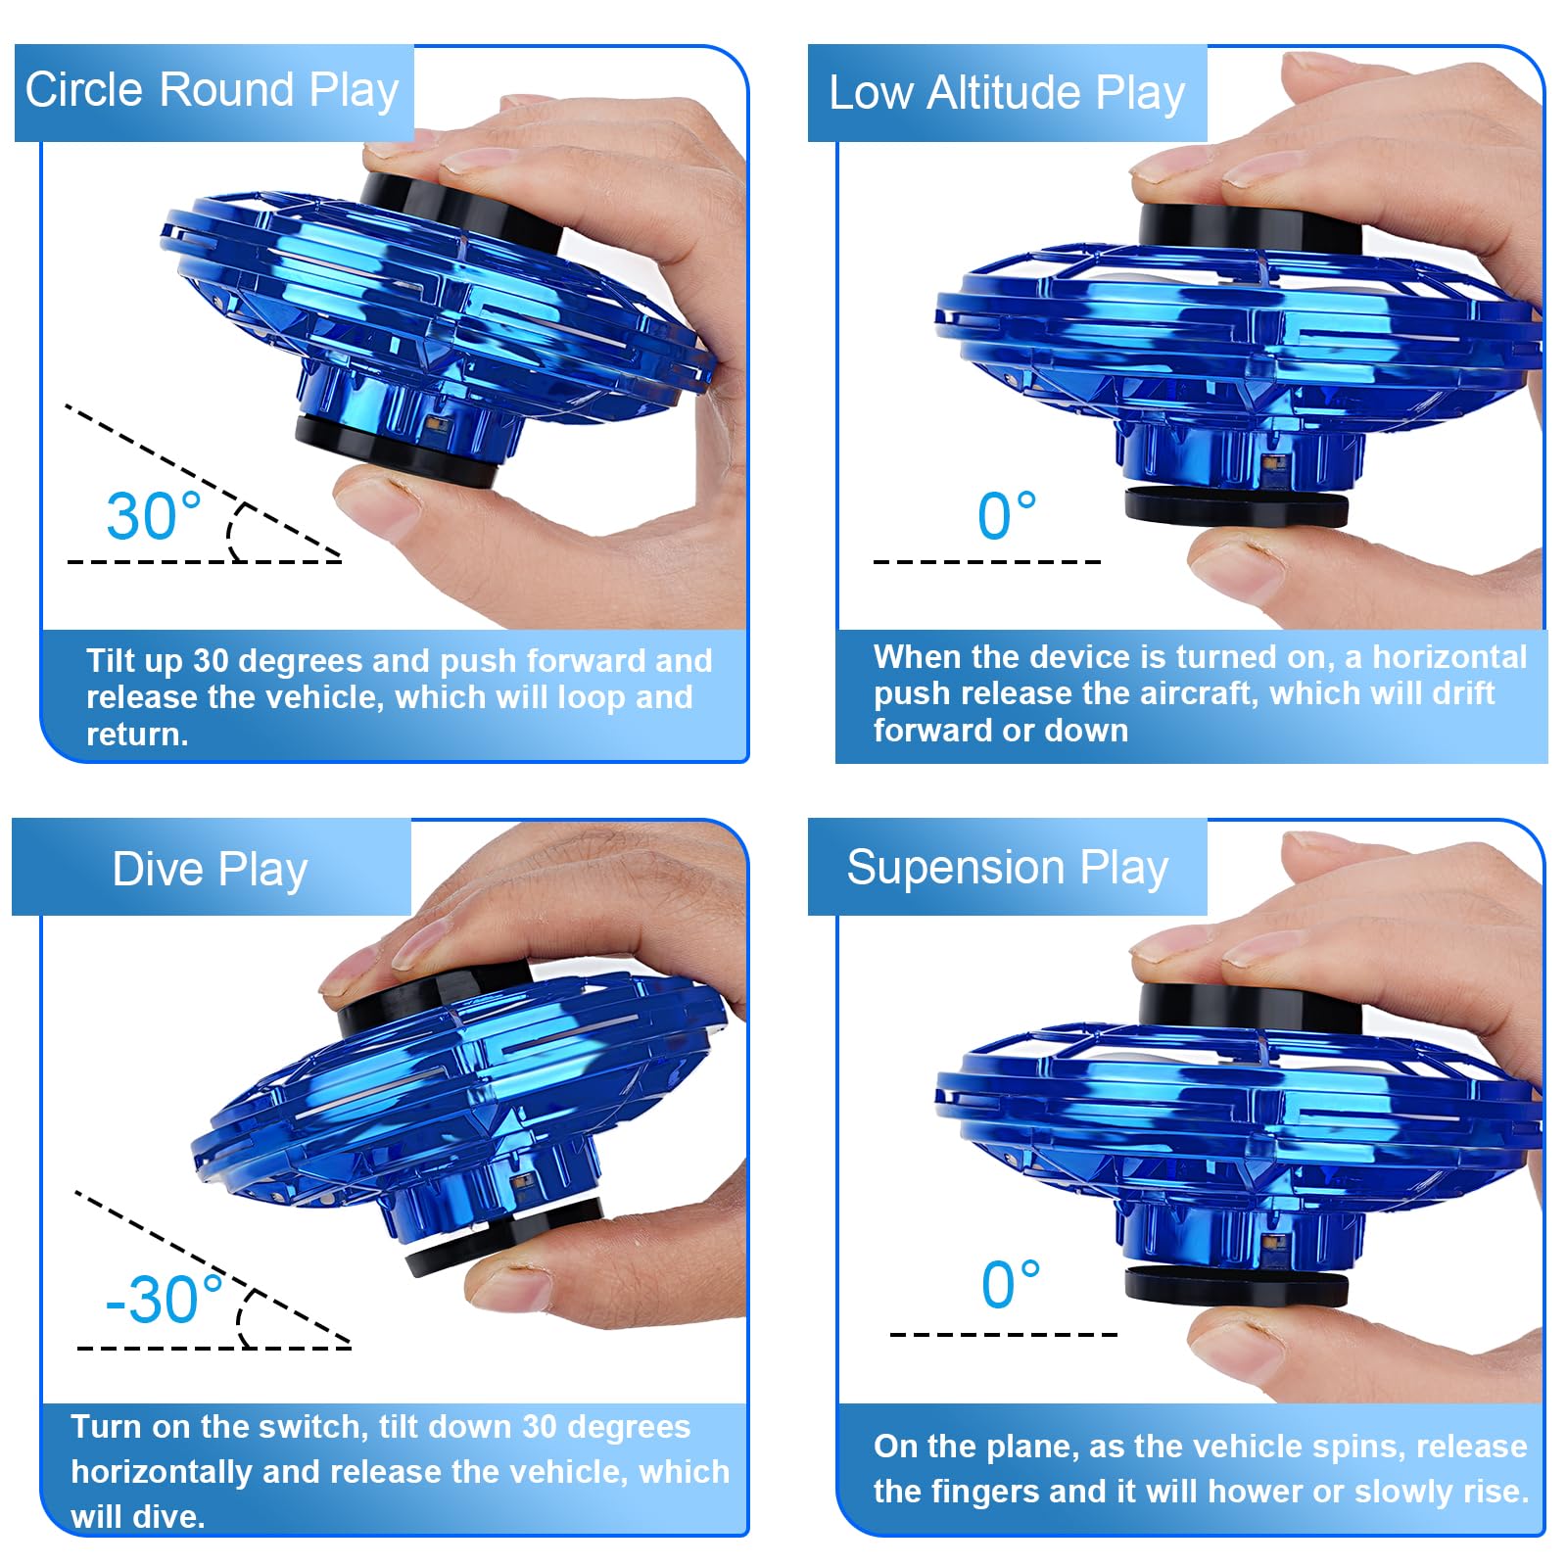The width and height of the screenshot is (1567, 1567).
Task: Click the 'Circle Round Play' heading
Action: [x=212, y=90]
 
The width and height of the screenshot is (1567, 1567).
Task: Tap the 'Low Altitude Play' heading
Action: [x=1007, y=93]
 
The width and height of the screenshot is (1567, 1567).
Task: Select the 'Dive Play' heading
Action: [x=210, y=869]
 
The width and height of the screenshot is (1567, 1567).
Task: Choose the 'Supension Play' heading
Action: [x=1008, y=868]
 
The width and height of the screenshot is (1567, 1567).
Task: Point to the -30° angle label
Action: [x=164, y=1299]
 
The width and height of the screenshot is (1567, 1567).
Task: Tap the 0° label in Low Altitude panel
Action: [x=1006, y=515]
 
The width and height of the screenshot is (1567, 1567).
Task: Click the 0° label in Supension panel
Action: [x=1010, y=1284]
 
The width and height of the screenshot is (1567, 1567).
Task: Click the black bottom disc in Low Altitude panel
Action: [x=1236, y=506]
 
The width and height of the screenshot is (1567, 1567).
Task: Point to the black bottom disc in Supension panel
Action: [x=1236, y=1285]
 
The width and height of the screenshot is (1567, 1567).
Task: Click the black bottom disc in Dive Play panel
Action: [x=499, y=1236]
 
